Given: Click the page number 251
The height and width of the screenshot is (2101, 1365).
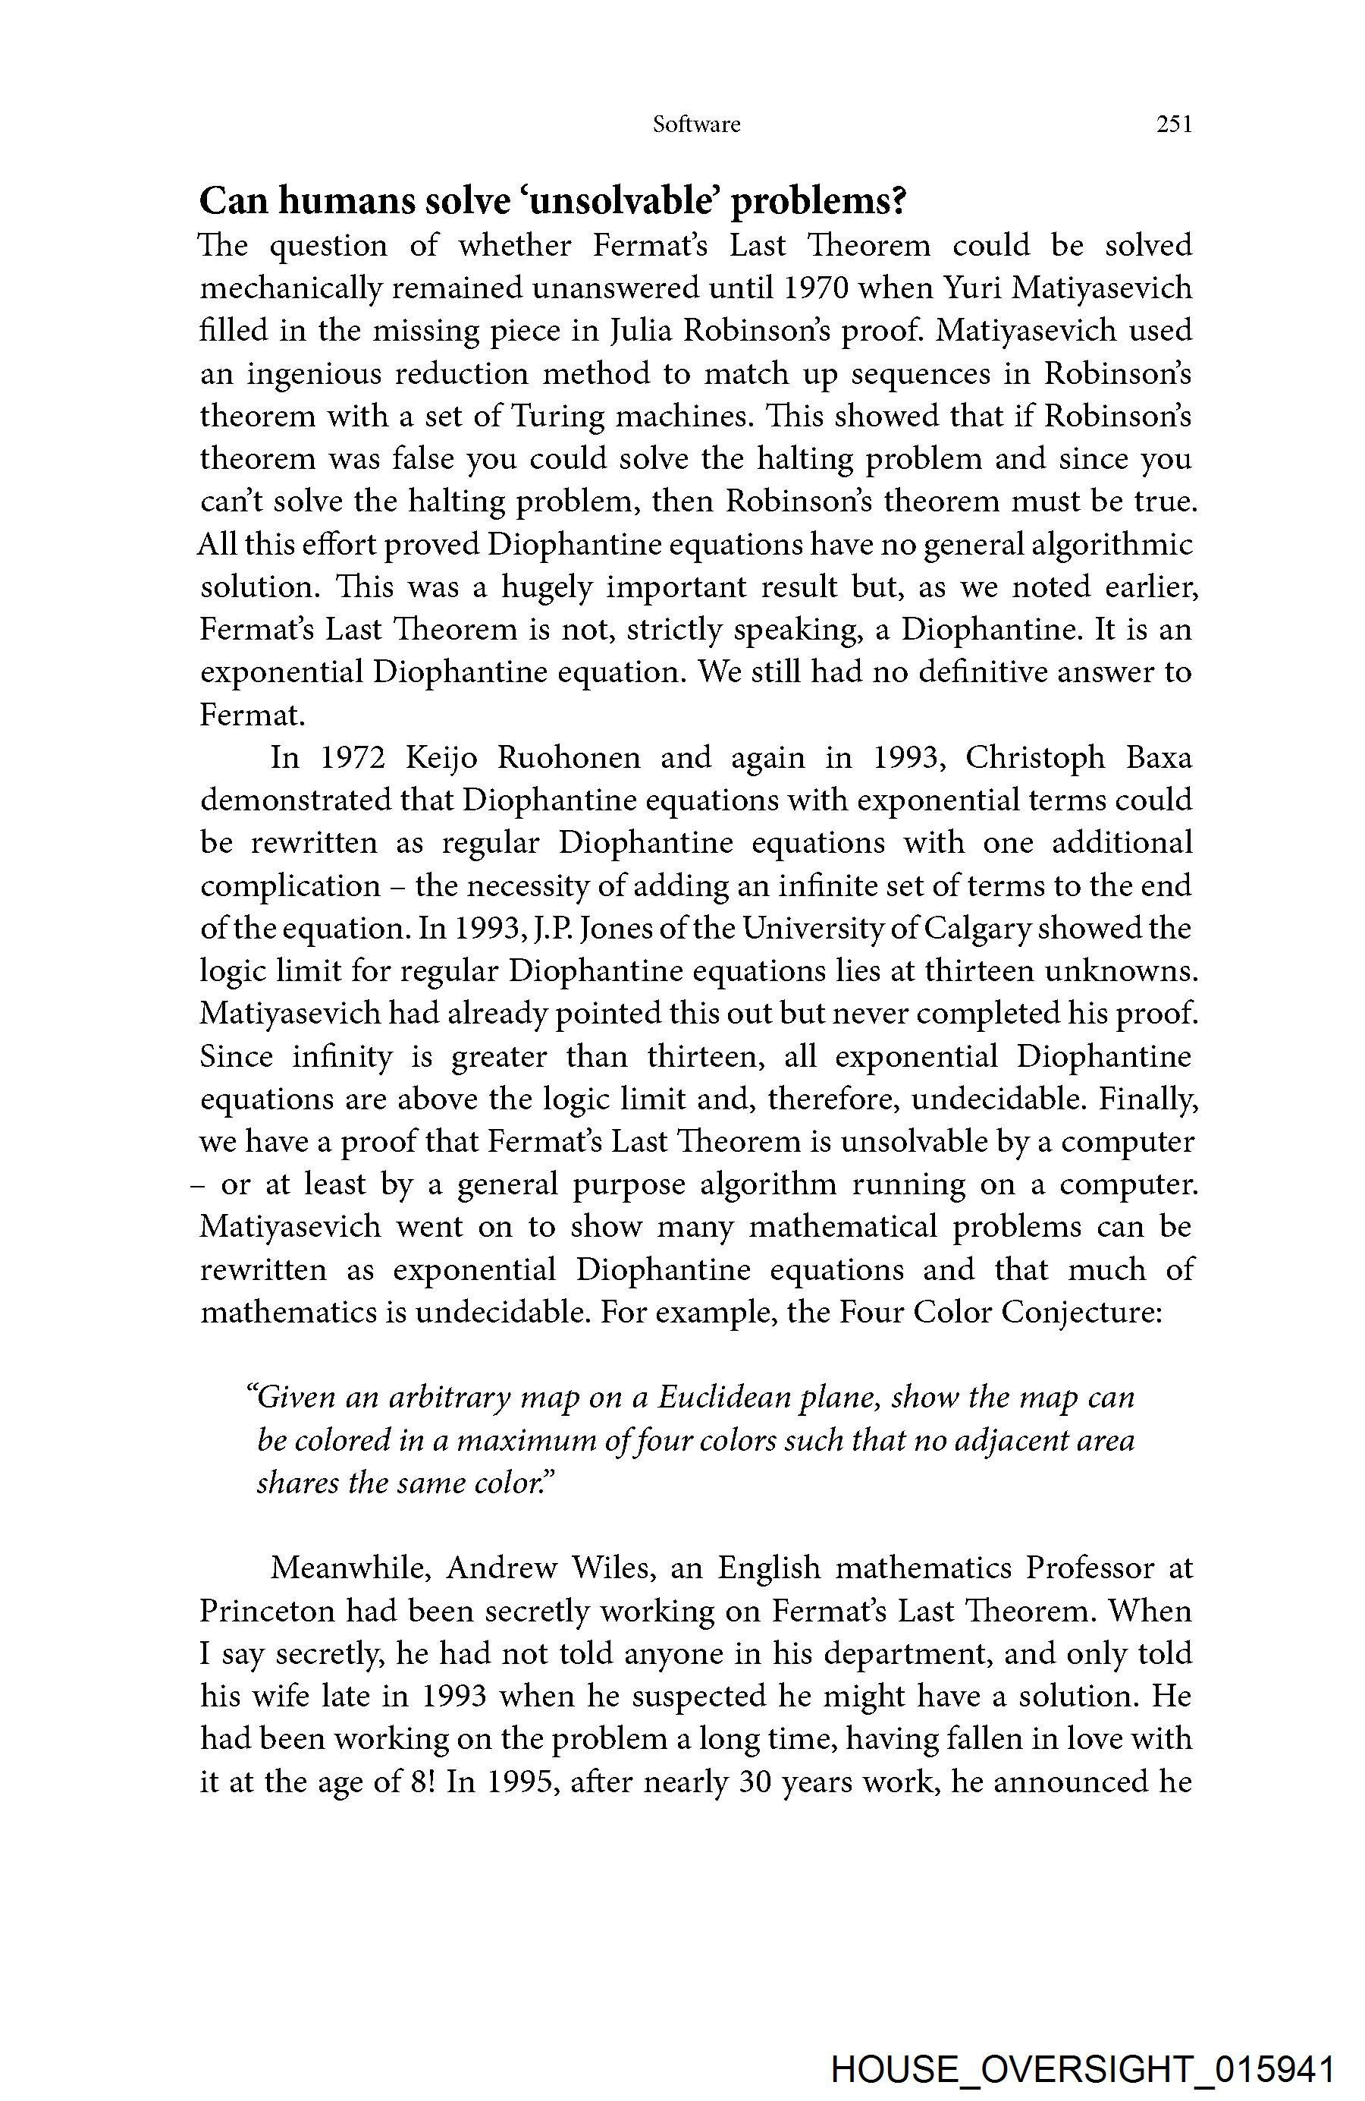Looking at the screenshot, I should pyautogui.click(x=1174, y=124).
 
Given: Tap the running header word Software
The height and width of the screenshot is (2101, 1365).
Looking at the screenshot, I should pyautogui.click(x=696, y=124).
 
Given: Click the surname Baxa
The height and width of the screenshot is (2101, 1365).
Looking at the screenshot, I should pyautogui.click(x=1159, y=757).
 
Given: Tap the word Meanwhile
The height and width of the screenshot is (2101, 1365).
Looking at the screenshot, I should pyautogui.click(x=350, y=1568).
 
